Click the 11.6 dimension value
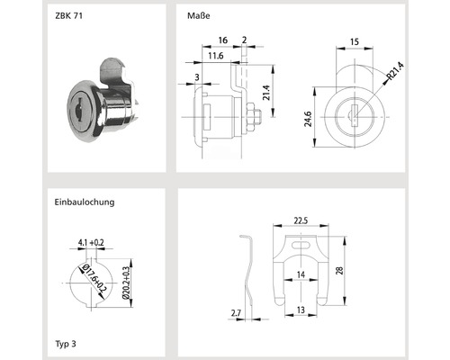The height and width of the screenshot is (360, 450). [x=214, y=56]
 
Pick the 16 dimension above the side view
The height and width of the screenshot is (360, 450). [x=222, y=40]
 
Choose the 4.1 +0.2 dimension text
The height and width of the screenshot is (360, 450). [x=93, y=242]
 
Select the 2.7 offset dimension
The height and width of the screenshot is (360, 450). [x=236, y=311]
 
